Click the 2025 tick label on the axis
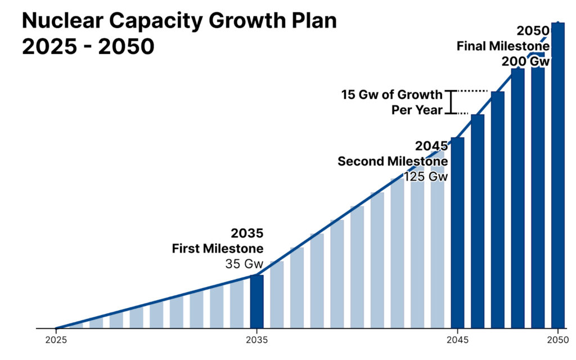tap(56, 339)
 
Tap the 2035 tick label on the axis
tap(256, 339)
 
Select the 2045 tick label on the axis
tap(457, 339)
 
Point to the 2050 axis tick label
tap(557, 339)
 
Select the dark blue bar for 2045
tap(457, 233)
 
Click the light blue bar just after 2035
tap(277, 295)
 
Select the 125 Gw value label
tap(425, 176)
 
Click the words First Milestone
tap(217, 248)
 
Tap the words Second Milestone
tap(392, 161)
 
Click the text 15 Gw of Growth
tap(391, 94)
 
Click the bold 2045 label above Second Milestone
tap(431, 146)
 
